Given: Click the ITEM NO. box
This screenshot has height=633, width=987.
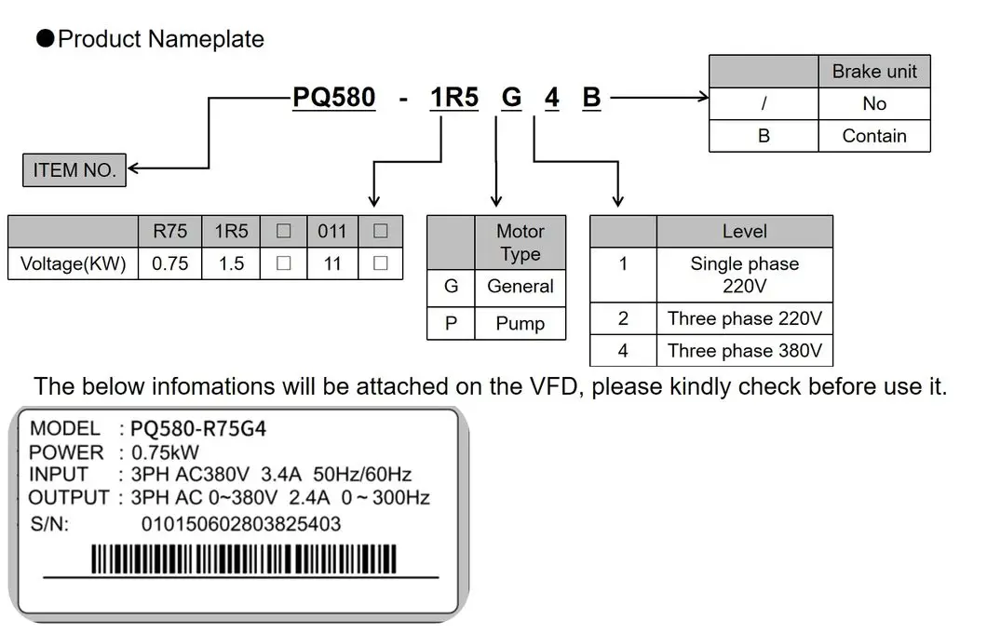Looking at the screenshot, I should pyautogui.click(x=74, y=170).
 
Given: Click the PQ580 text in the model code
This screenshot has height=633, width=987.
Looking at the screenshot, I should pyautogui.click(x=334, y=98).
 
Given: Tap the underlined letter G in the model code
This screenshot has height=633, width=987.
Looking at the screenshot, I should pyautogui.click(x=511, y=98).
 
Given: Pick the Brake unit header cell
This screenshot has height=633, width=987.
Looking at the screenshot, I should pyautogui.click(x=873, y=72).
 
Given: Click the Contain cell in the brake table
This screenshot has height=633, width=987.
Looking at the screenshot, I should pyautogui.click(x=873, y=136).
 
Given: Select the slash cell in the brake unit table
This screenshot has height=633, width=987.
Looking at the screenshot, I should pyautogui.click(x=764, y=104).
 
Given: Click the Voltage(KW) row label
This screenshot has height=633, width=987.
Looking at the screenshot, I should pyautogui.click(x=73, y=263).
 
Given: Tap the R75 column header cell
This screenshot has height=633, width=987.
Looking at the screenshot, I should pyautogui.click(x=169, y=231).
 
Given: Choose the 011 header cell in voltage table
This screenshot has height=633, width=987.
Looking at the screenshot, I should pyautogui.click(x=331, y=231).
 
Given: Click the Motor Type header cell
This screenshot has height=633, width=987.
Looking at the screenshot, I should pyautogui.click(x=520, y=243).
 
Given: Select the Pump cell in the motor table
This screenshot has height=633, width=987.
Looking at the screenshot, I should pyautogui.click(x=520, y=324).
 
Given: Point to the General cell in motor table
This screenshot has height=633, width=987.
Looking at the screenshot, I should pyautogui.click(x=520, y=287).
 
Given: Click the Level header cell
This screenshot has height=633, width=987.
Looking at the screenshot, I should pyautogui.click(x=744, y=231).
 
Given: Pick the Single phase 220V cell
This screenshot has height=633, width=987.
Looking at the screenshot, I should pyautogui.click(x=744, y=275).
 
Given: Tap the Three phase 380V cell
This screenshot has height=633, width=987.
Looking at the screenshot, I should pyautogui.click(x=744, y=351).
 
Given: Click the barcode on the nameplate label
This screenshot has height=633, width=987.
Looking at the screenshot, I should pyautogui.click(x=242, y=559).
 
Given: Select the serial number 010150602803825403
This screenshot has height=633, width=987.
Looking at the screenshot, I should pyautogui.click(x=240, y=524).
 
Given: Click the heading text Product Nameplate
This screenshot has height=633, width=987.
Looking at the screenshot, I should pyautogui.click(x=160, y=39).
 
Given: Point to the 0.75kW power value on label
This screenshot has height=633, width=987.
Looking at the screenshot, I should pyautogui.click(x=166, y=452).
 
